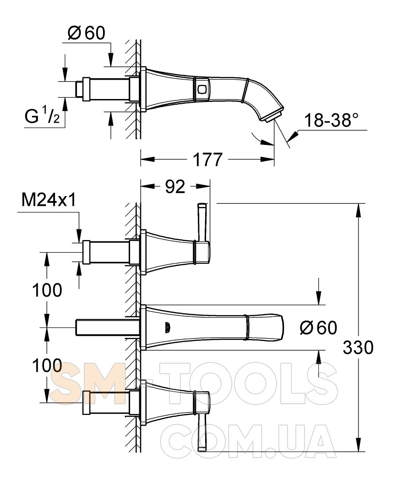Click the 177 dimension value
coord(208,159)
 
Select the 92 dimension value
coord(175,186)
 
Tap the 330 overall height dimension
coord(358,347)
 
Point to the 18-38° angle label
coord(331,120)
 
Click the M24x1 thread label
coord(49,201)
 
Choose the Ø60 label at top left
coord(87,33)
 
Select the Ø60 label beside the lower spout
coord(318,327)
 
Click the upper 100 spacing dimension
coord(47,290)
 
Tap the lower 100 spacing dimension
coord(47,366)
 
